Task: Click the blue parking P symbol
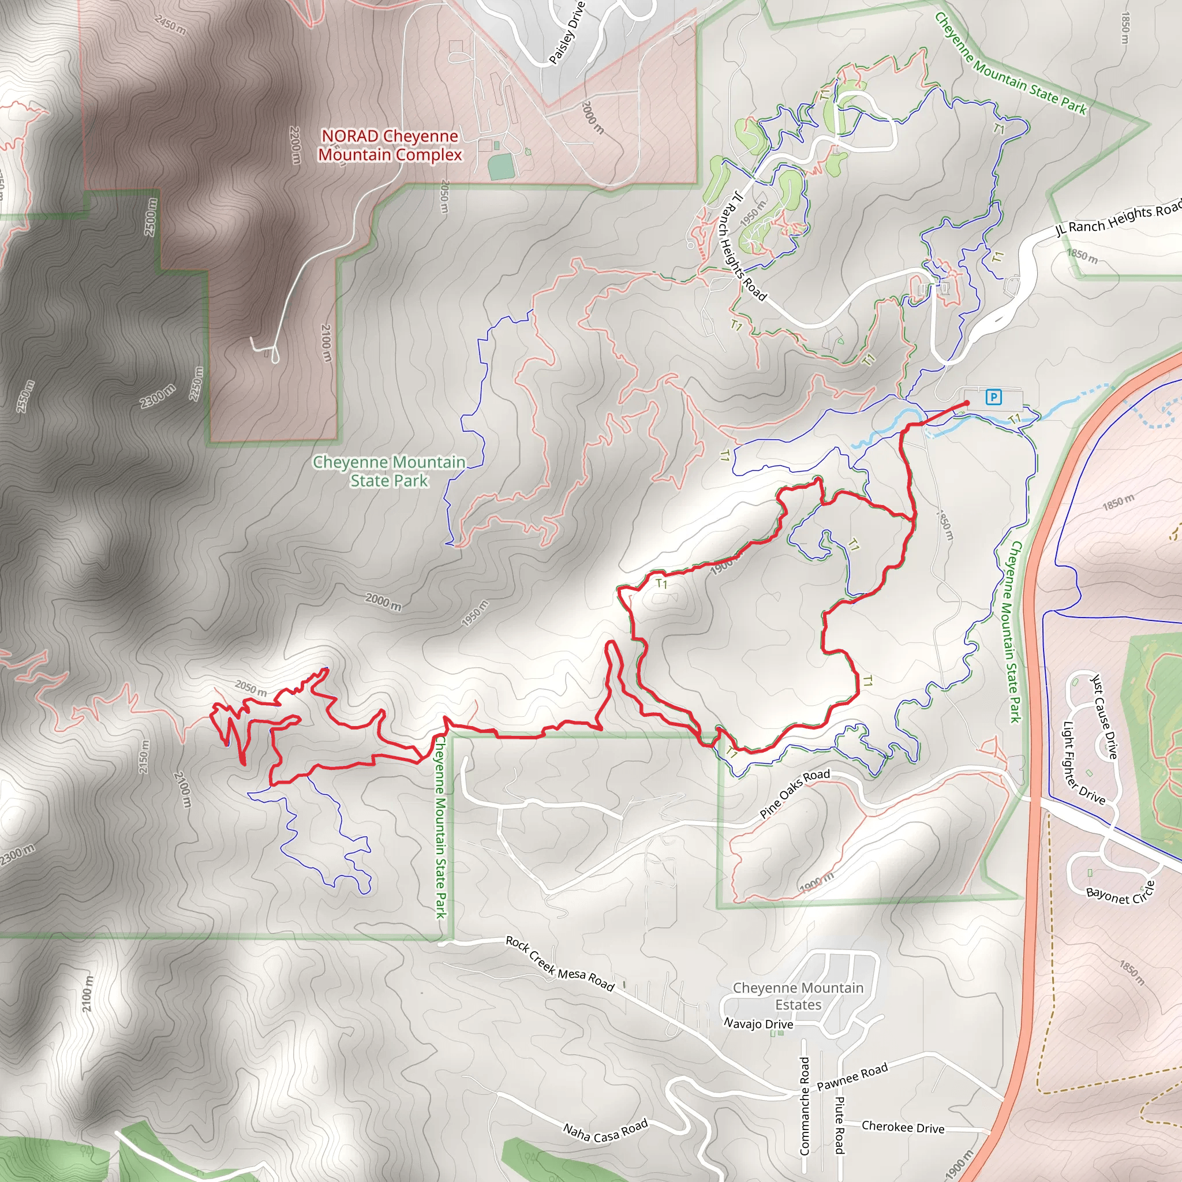pos(994,398)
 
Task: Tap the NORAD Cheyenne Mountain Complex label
pos(390,145)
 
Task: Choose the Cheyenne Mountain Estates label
pos(798,996)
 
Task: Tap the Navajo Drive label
pos(758,1023)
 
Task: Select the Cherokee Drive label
pos(903,1127)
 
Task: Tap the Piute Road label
pos(839,1124)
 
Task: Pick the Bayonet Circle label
pos(1120,894)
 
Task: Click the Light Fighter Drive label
pos(1083,763)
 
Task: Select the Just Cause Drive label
pos(1104,716)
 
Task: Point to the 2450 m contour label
pos(171,25)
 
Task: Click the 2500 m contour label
pos(151,216)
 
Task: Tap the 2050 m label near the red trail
pos(251,689)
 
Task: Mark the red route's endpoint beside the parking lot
pos(967,403)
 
